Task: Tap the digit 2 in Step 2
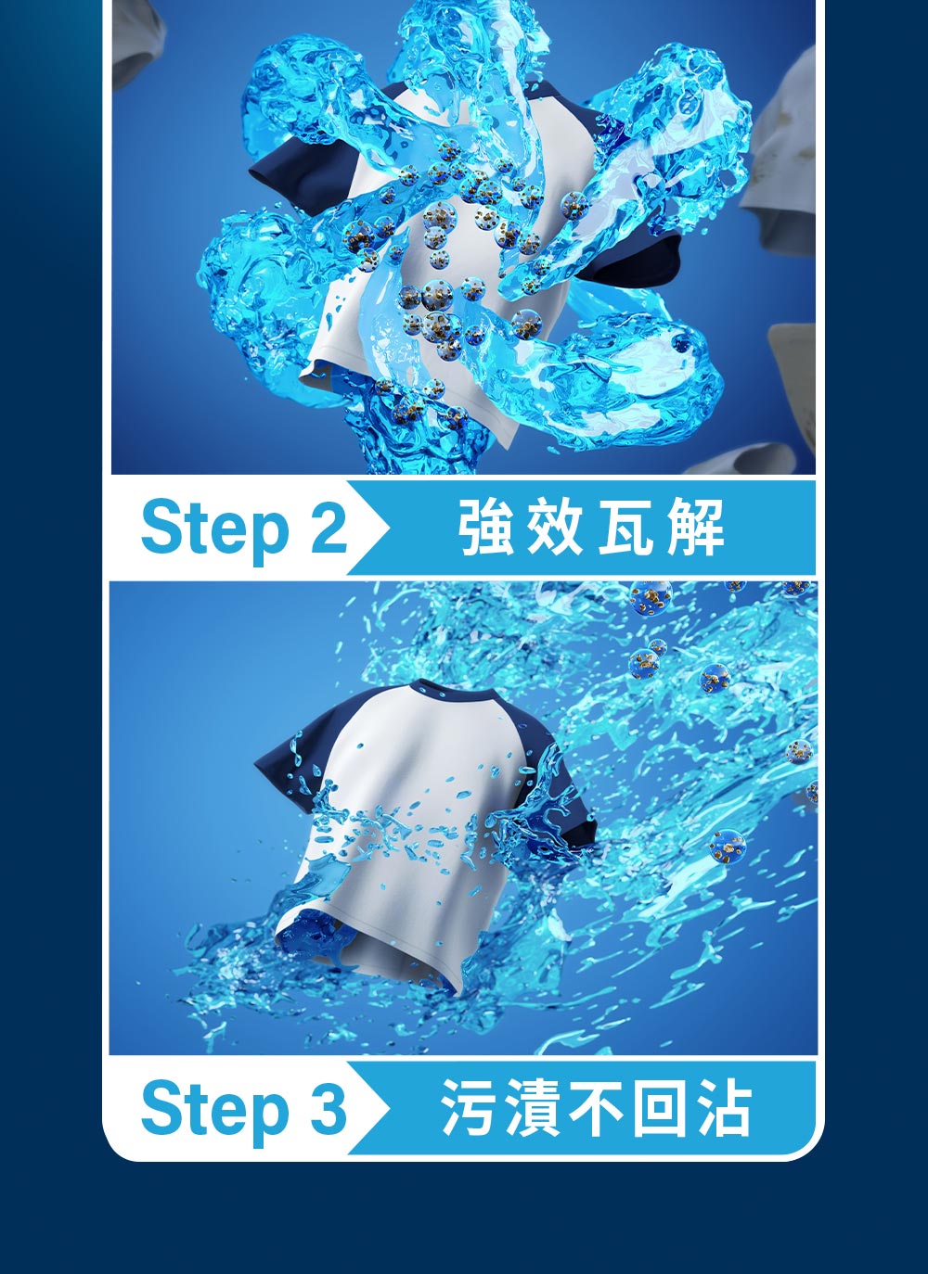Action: (329, 526)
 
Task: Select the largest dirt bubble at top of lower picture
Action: (651, 598)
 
